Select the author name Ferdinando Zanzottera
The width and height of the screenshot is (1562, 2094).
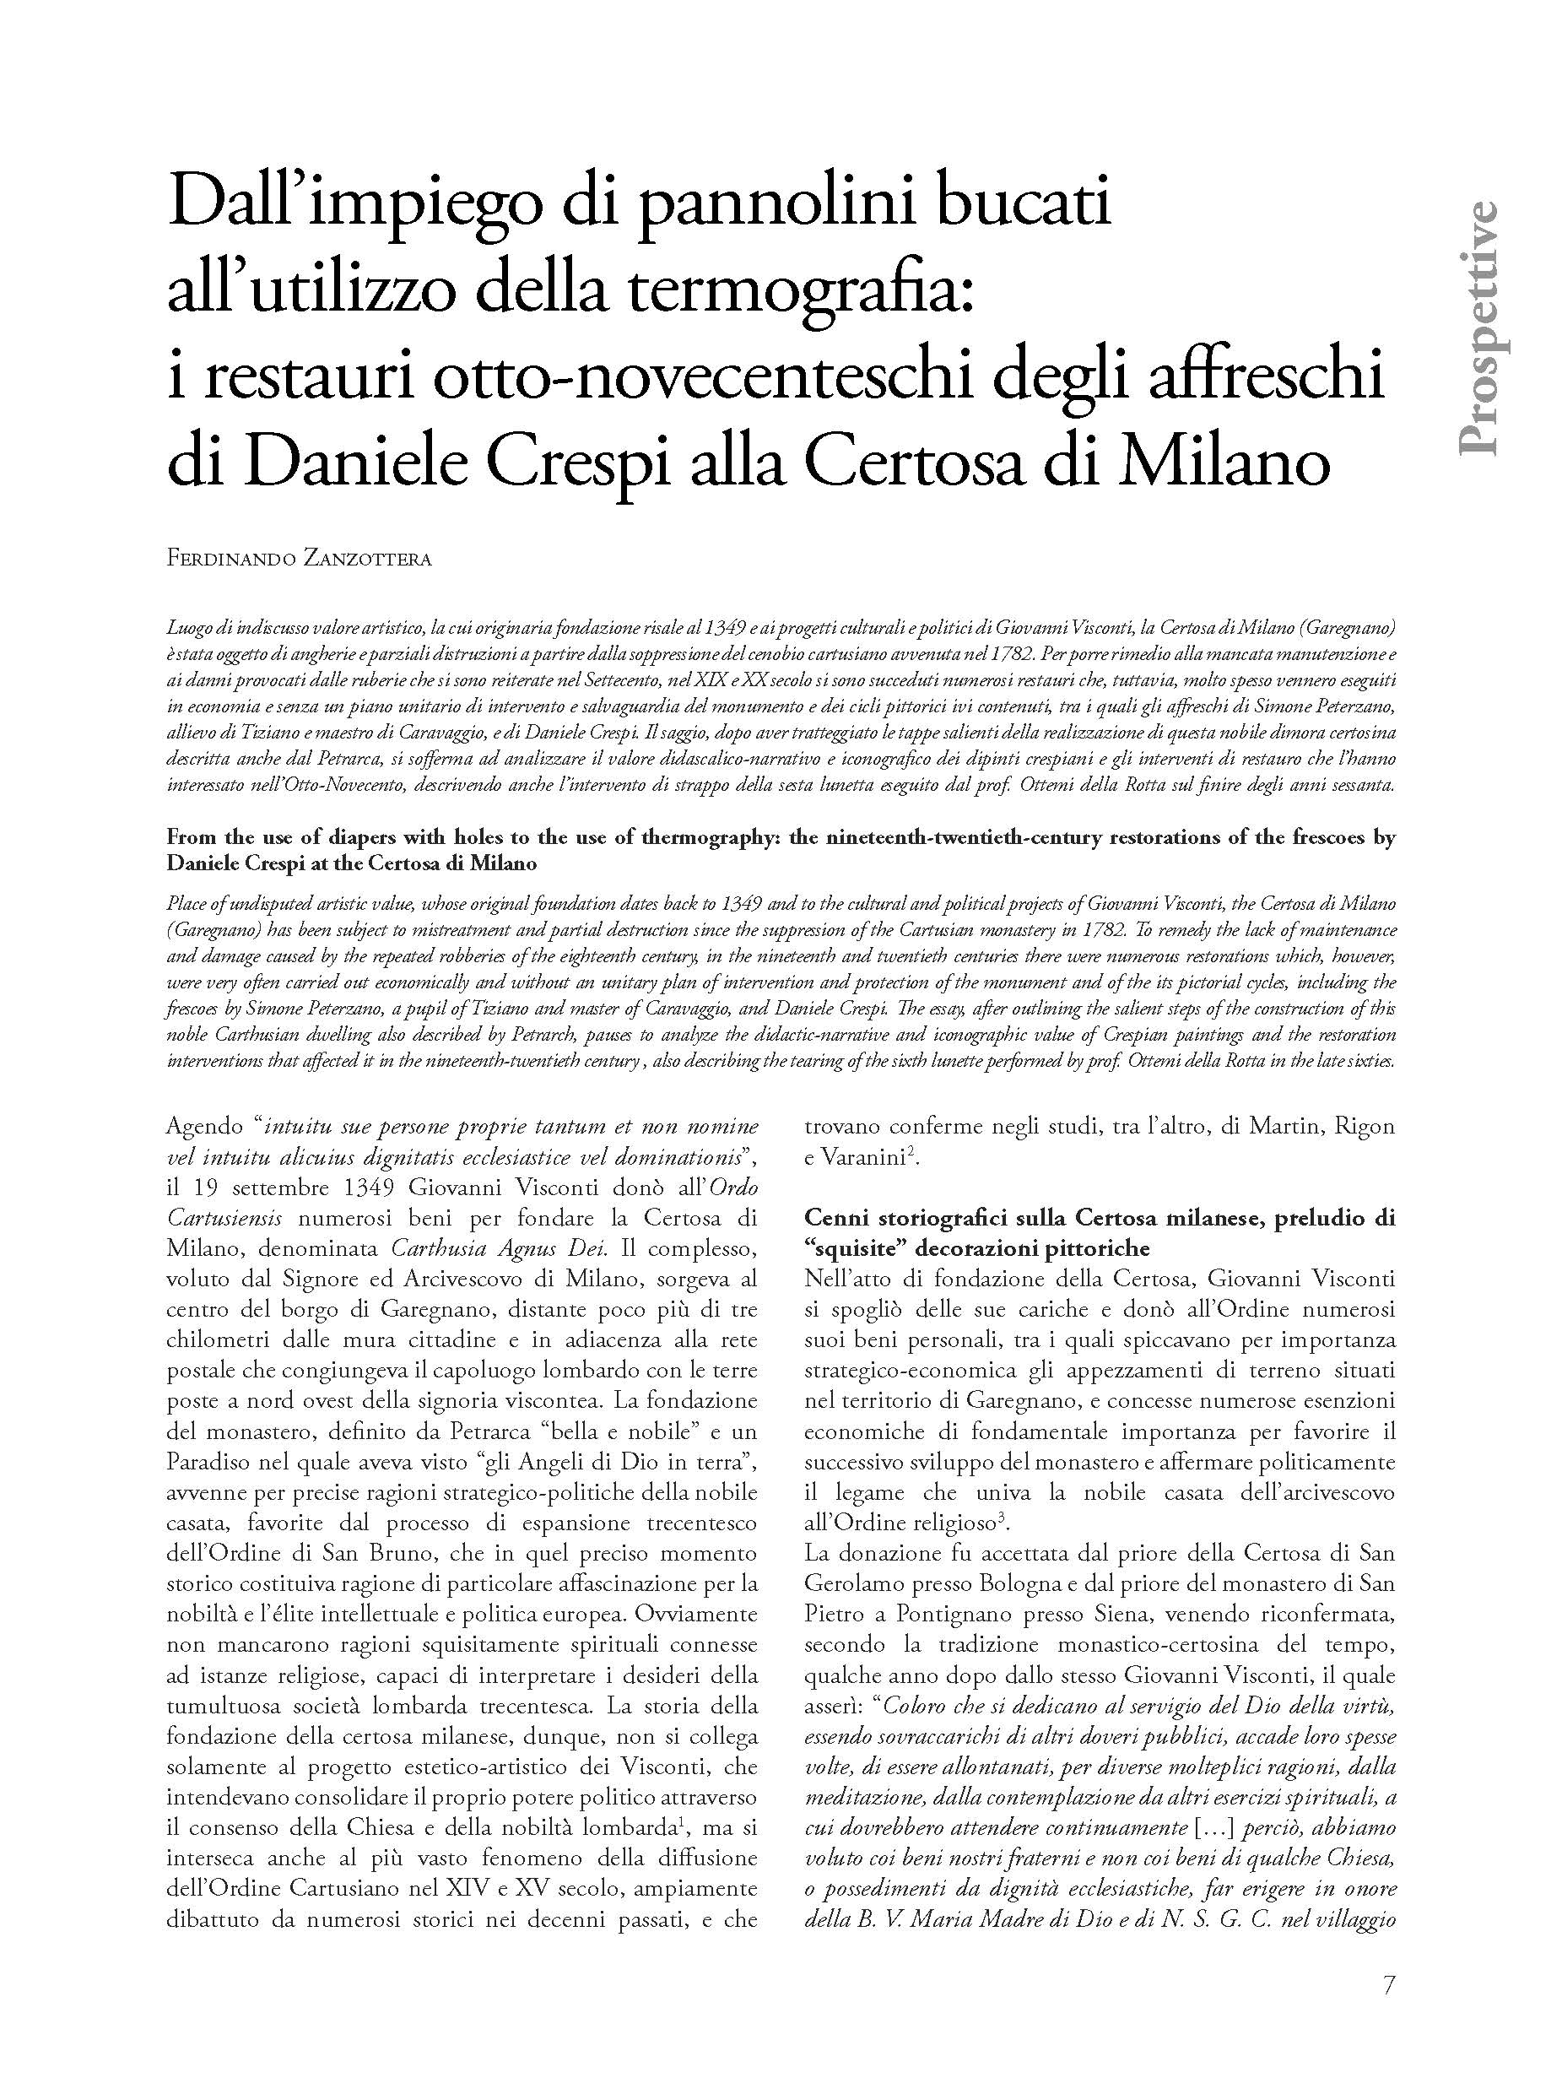pos(299,559)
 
